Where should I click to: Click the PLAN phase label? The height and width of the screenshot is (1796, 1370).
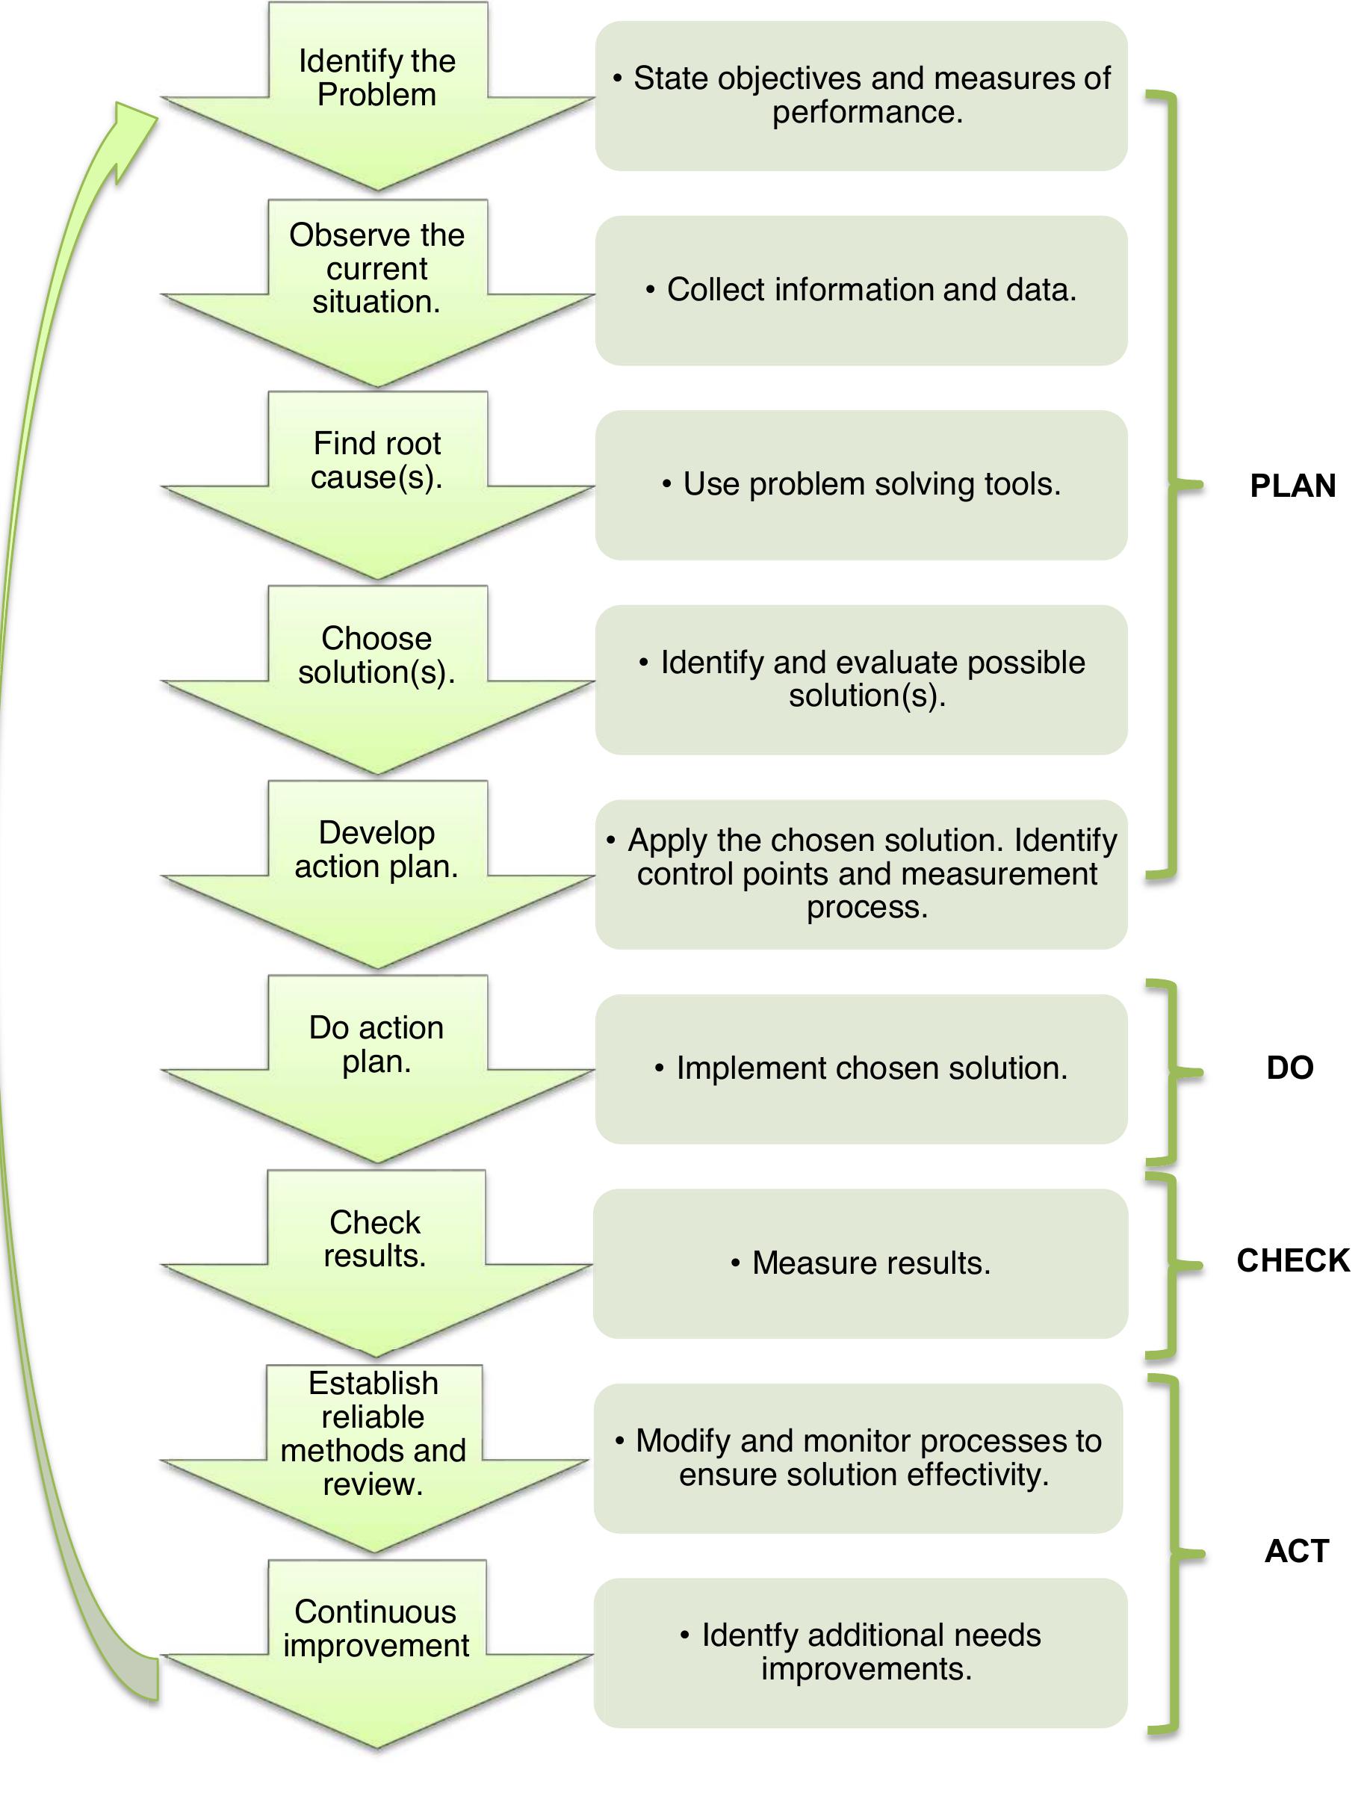(x=1292, y=486)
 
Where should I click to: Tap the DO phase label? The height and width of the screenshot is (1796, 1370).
(x=1290, y=1068)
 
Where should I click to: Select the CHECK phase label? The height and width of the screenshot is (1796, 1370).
(x=1292, y=1261)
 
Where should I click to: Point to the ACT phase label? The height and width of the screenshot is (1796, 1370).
(x=1297, y=1550)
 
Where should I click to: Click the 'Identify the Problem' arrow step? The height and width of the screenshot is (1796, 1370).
(x=376, y=90)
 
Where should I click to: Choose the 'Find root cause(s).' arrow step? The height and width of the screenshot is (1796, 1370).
(x=376, y=473)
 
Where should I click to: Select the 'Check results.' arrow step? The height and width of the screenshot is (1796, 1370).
(x=375, y=1252)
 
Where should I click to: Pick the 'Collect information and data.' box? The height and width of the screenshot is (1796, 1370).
(x=861, y=291)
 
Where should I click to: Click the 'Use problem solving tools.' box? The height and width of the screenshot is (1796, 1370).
(x=861, y=484)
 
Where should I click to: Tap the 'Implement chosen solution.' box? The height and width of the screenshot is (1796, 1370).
(x=861, y=1068)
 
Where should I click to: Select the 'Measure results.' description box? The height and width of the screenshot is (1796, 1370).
(x=861, y=1263)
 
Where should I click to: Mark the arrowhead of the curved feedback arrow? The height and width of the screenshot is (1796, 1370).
(x=131, y=131)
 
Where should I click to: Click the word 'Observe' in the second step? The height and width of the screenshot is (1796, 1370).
(x=337, y=235)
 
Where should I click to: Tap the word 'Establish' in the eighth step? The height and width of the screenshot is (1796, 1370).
(x=374, y=1384)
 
